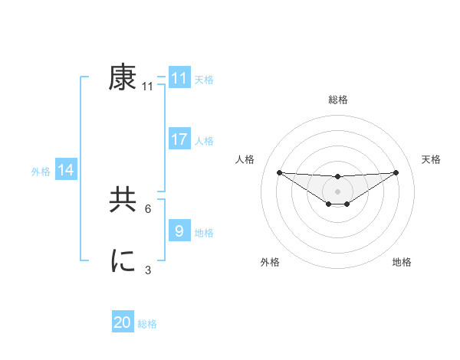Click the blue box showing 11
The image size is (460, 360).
click(x=179, y=78)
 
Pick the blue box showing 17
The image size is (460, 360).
click(x=179, y=139)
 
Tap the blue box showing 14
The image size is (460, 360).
click(x=67, y=171)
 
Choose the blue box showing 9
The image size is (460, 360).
click(x=179, y=231)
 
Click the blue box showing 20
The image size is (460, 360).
click(x=123, y=322)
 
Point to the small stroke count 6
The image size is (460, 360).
click(x=148, y=208)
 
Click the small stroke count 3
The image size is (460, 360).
click(x=148, y=270)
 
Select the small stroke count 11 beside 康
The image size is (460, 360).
click(x=147, y=87)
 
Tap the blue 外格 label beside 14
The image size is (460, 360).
click(x=41, y=172)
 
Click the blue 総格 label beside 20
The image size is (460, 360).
click(x=147, y=324)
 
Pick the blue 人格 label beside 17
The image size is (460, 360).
click(x=204, y=141)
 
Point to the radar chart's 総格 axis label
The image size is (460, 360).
click(x=337, y=100)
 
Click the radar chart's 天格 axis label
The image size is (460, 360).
click(x=432, y=159)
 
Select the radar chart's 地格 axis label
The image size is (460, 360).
click(x=402, y=262)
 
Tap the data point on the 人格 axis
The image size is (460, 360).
click(x=279, y=172)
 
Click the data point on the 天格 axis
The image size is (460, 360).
click(x=396, y=172)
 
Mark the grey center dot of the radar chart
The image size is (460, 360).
click(x=337, y=191)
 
